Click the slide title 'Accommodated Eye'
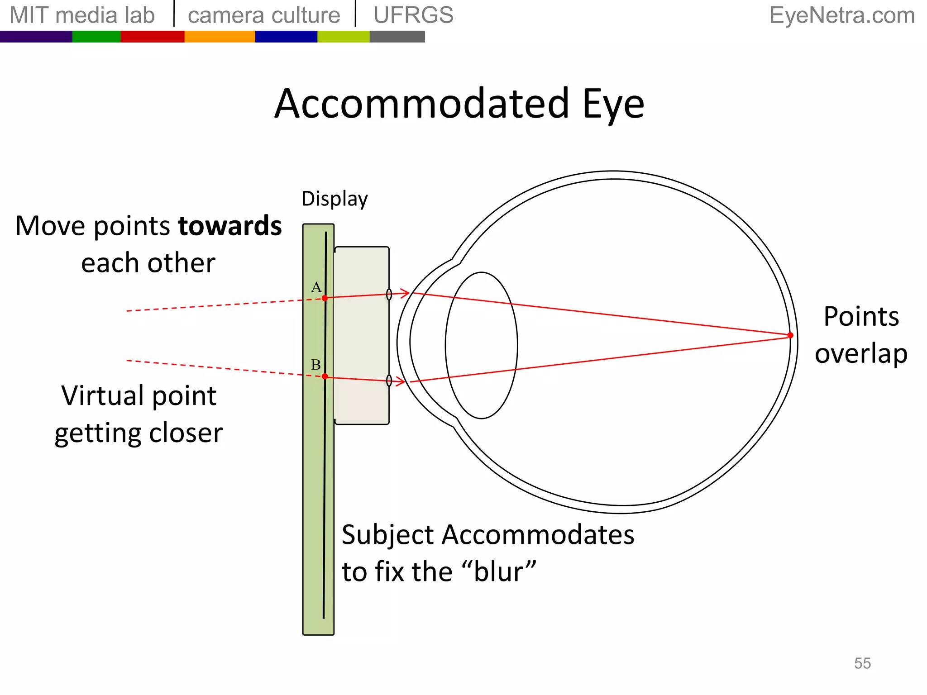(459, 104)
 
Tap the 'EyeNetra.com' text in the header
(842, 15)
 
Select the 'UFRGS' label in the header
(413, 15)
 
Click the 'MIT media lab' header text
(82, 15)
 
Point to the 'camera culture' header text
(264, 15)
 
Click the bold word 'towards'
(230, 226)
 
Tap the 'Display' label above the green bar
(334, 199)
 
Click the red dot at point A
(325, 298)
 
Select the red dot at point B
(325, 376)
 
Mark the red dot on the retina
(790, 335)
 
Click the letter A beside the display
(316, 287)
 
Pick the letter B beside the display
(316, 364)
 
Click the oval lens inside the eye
(481, 345)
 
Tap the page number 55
(862, 663)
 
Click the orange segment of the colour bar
(220, 37)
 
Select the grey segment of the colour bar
(397, 37)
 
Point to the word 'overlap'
(861, 353)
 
